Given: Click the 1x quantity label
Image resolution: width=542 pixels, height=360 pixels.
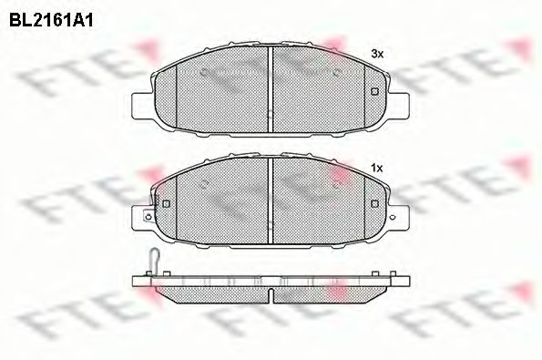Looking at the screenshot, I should tap(376, 168).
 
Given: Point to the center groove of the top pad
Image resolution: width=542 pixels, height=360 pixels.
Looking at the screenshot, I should tap(271, 87).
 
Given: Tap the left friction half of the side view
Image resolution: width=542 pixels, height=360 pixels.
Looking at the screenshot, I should tap(214, 290).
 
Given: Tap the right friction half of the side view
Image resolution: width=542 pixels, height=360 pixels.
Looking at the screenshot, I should tap(328, 290).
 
